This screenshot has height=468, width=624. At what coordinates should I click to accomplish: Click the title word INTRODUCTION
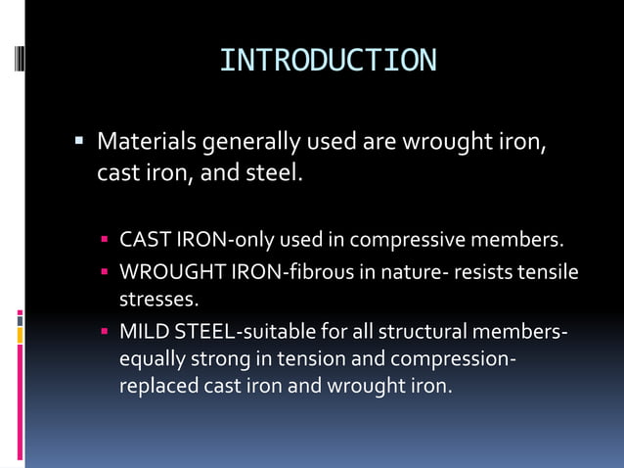(328, 60)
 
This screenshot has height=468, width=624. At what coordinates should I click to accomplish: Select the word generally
(250, 143)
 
